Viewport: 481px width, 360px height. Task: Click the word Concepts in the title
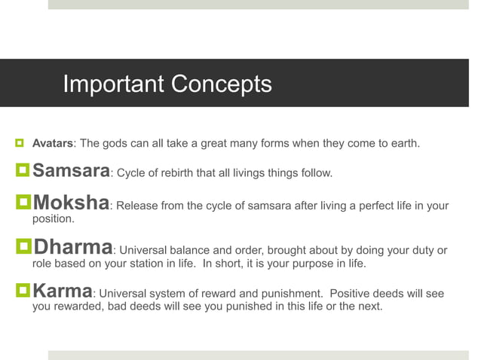click(x=223, y=84)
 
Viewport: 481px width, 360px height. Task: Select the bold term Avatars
click(x=53, y=143)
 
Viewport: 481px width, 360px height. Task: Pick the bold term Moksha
click(x=72, y=204)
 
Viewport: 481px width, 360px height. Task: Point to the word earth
click(x=402, y=143)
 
